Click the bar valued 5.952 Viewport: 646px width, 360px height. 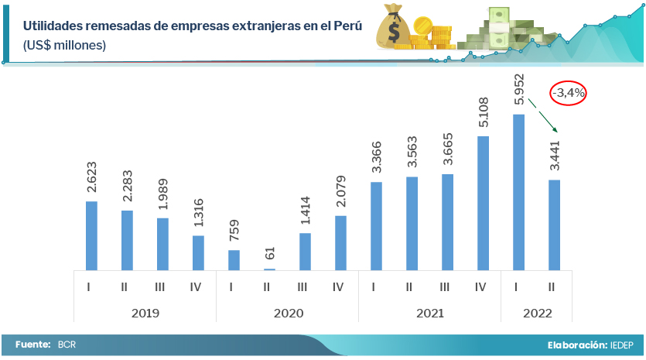pyautogui.click(x=518, y=192)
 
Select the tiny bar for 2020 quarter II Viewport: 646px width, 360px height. pyautogui.click(x=269, y=269)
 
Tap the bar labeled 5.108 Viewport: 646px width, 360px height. pyautogui.click(x=483, y=203)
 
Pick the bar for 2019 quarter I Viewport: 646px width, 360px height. pyautogui.click(x=91, y=235)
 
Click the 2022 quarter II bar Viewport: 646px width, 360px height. pyautogui.click(x=554, y=225)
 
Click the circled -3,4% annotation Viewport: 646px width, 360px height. pyautogui.click(x=569, y=93)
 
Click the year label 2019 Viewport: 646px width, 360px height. pyautogui.click(x=145, y=313)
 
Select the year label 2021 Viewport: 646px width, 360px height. pyautogui.click(x=429, y=313)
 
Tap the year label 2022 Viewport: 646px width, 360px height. pyautogui.click(x=536, y=313)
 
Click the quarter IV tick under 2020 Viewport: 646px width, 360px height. pyautogui.click(x=338, y=287)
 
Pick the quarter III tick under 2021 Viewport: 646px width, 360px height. pyautogui.click(x=445, y=287)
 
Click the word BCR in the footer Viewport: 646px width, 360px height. pyautogui.click(x=67, y=345)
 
